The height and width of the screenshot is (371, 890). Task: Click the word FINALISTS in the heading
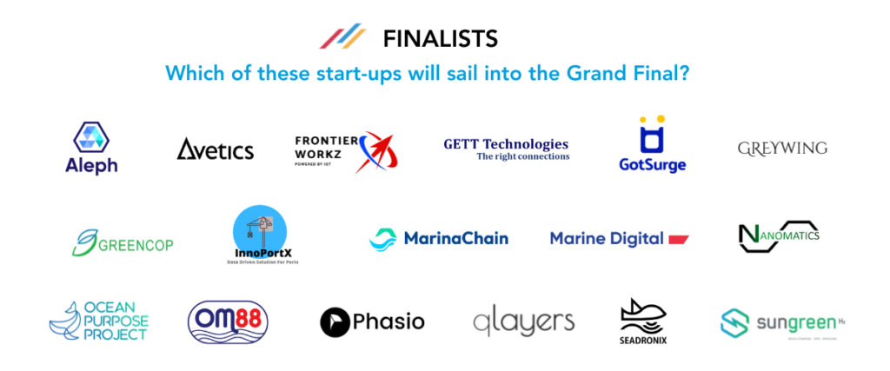tap(440, 39)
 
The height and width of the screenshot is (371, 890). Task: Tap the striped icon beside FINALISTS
tap(342, 38)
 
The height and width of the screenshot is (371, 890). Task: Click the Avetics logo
tap(216, 150)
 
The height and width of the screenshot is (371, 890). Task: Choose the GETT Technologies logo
tap(506, 149)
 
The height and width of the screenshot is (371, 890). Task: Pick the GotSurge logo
tap(652, 145)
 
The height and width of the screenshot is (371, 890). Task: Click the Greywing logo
tap(781, 149)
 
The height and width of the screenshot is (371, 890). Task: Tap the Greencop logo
tap(123, 242)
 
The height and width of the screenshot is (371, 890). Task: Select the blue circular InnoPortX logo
tap(261, 233)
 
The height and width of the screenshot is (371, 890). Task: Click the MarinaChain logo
tap(439, 238)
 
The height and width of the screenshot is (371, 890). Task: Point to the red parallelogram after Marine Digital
tap(679, 238)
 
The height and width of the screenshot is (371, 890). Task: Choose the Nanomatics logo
tap(778, 235)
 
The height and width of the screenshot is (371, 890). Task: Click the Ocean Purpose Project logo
tap(99, 321)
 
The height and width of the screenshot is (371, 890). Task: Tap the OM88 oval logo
tap(228, 321)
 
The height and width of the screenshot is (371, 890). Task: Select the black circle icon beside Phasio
tap(335, 322)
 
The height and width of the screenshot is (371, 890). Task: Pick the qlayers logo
tap(523, 322)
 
